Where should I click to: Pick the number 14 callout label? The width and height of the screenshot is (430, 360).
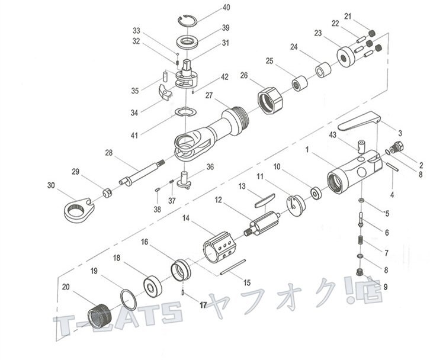pyautogui.click(x=186, y=219)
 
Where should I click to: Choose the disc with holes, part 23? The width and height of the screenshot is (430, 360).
pyautogui.click(x=344, y=57)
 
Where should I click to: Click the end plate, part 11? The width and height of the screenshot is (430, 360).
pyautogui.click(x=296, y=205)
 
